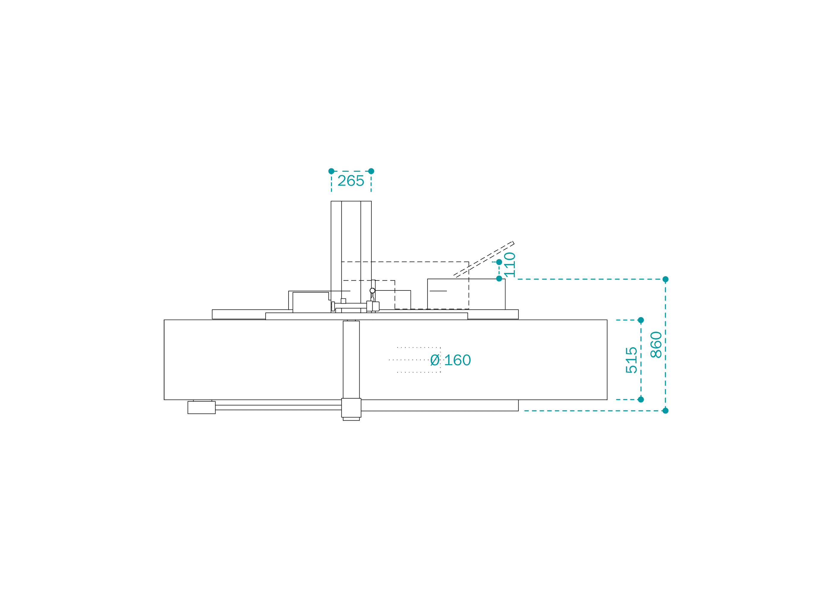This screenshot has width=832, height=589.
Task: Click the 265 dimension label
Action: pos(351,180)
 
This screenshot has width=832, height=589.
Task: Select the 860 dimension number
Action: pos(656,345)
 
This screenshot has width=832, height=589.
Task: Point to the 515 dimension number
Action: pos(631,360)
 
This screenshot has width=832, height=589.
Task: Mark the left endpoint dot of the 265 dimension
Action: pos(331,171)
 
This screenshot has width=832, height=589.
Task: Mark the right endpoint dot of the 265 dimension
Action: pos(371,171)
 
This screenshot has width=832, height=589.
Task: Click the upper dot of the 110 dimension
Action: pos(499,262)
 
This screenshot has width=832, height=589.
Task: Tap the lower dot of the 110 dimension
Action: pos(499,279)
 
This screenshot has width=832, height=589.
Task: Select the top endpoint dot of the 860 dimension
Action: pos(666,279)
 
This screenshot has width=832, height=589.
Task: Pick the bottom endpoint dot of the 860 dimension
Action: pos(666,410)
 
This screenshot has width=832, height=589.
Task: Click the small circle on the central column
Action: pos(372,290)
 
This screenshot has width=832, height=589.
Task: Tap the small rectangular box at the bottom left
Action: pos(201,407)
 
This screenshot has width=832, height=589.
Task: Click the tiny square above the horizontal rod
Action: pos(343,301)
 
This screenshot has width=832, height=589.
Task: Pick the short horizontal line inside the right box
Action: pos(438,291)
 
